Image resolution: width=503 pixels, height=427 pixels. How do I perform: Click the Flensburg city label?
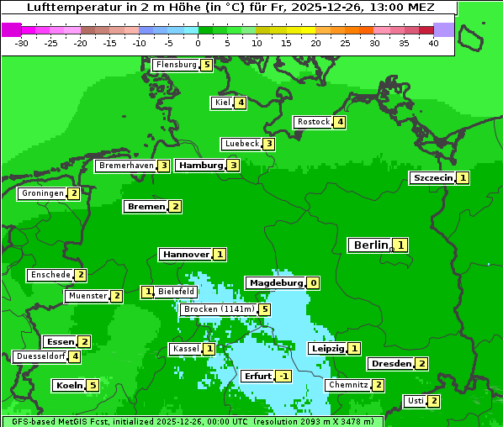pyautogui.click(x=176, y=64)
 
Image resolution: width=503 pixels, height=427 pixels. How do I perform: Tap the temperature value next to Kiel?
pyautogui.click(x=241, y=103)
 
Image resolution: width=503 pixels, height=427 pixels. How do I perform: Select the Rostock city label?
pyautogui.click(x=313, y=122)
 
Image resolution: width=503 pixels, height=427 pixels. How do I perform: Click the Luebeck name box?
pyautogui.click(x=241, y=144)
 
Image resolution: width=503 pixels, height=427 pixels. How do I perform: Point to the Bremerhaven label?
pyautogui.click(x=125, y=166)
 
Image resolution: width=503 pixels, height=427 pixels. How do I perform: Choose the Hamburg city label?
pyautogui.click(x=200, y=165)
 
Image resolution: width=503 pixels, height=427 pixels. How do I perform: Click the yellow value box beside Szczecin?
pyautogui.click(x=463, y=177)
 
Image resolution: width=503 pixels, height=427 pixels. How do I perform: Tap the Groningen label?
pyautogui.click(x=42, y=193)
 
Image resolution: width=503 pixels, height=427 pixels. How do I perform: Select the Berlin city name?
pyautogui.click(x=370, y=245)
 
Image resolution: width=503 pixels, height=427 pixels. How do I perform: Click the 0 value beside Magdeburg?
pyautogui.click(x=313, y=283)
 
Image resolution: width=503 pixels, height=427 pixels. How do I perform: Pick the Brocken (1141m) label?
pyautogui.click(x=218, y=309)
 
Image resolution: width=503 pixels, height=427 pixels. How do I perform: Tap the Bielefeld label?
pyautogui.click(x=176, y=292)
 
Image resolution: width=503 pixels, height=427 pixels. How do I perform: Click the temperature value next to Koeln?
pyautogui.click(x=93, y=385)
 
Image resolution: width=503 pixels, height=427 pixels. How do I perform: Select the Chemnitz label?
pyautogui.click(x=348, y=385)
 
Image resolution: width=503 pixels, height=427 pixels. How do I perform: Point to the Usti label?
pyautogui.click(x=415, y=401)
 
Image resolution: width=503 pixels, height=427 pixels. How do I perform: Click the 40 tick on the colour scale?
pyautogui.click(x=433, y=43)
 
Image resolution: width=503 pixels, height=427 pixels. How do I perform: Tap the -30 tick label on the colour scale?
pyautogui.click(x=22, y=43)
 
